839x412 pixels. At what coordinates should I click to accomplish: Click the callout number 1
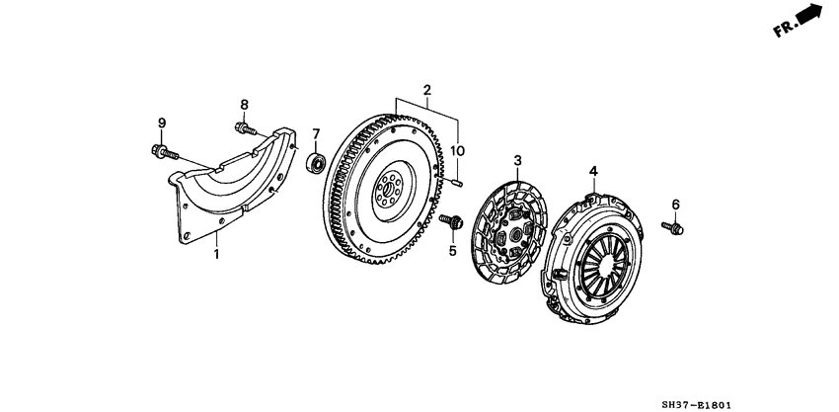tap(217, 254)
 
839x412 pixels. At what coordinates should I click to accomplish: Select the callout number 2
tap(427, 90)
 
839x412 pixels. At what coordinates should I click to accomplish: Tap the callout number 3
tap(517, 160)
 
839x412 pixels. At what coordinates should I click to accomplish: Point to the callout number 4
tap(593, 171)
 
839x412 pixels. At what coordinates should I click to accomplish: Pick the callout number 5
tap(453, 250)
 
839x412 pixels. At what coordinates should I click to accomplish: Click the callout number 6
tap(676, 205)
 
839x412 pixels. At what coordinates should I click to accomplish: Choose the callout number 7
tap(316, 133)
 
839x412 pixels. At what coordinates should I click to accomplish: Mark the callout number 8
tap(244, 105)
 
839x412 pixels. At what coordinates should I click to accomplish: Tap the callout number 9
tap(162, 123)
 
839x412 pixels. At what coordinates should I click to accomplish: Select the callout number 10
tap(457, 151)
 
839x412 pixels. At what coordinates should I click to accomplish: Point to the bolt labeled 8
tap(246, 128)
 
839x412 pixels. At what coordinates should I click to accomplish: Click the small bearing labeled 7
tap(316, 163)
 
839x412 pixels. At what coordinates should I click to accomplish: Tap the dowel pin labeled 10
tap(456, 183)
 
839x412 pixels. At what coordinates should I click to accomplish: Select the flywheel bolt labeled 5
tap(452, 220)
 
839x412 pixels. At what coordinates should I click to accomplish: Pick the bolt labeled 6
tap(672, 228)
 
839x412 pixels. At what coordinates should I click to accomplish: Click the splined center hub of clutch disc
tap(516, 234)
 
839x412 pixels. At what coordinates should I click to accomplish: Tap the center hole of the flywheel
tap(389, 188)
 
